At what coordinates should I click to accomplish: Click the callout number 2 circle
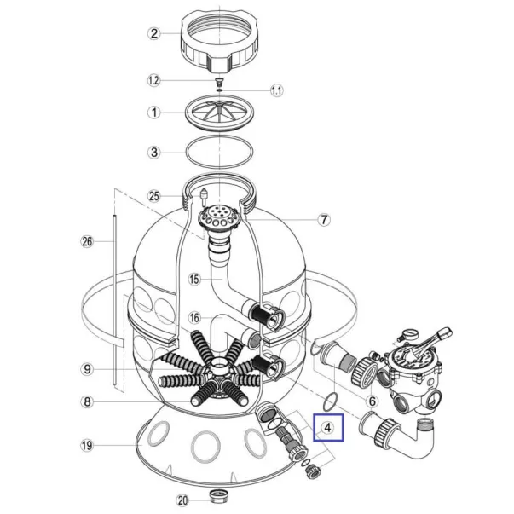154,33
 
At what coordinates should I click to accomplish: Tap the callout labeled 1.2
153,80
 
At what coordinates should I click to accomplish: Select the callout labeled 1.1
276,90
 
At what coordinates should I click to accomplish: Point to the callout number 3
154,153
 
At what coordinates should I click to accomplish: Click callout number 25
154,196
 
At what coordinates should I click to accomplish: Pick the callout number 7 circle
324,219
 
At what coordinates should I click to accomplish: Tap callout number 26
87,241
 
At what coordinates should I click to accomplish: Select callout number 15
194,279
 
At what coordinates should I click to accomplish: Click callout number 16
194,318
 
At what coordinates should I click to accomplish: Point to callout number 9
87,369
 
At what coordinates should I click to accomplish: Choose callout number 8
87,401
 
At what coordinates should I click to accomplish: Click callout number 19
87,446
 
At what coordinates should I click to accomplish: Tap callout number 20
182,500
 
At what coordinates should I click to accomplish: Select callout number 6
372,401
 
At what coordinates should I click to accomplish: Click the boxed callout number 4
328,427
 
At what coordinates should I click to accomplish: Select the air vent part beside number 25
204,197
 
